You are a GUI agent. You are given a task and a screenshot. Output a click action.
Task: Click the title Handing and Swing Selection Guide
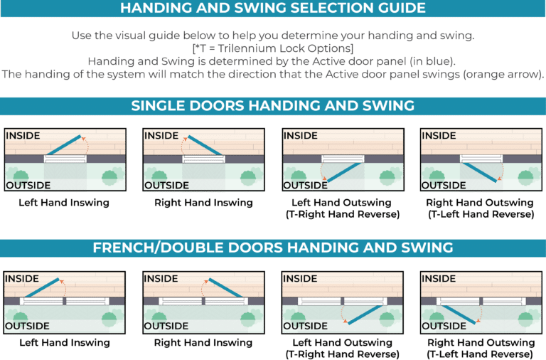[x=273, y=8]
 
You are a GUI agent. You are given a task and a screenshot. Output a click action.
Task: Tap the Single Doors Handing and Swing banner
[x=273, y=106]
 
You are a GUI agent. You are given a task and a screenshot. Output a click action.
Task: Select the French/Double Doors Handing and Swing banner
[x=273, y=248]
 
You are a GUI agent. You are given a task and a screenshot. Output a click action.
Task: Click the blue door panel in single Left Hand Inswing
[x=64, y=145]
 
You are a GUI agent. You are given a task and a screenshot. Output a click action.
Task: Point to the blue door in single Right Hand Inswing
[x=205, y=145]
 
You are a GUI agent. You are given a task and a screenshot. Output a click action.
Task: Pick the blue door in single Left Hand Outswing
[x=344, y=172]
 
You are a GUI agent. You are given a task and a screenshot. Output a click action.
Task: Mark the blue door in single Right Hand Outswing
[x=480, y=172]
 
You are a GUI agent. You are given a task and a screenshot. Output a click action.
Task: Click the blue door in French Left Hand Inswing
[x=42, y=287]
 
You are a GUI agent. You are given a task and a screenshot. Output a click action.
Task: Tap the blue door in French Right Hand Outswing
[x=459, y=314]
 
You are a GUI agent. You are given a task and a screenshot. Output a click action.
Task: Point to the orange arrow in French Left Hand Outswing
[x=342, y=314]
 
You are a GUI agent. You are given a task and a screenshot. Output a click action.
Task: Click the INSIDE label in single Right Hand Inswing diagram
[x=161, y=136]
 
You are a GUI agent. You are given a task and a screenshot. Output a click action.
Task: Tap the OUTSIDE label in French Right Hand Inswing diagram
[x=166, y=326]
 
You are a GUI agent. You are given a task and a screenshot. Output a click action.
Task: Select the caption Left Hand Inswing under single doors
[x=64, y=203]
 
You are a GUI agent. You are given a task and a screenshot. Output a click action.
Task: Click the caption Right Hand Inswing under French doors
[x=203, y=343]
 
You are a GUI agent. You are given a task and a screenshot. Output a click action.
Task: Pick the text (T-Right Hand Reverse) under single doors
[x=343, y=214]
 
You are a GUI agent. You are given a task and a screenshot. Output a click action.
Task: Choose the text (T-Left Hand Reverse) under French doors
[x=480, y=354]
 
